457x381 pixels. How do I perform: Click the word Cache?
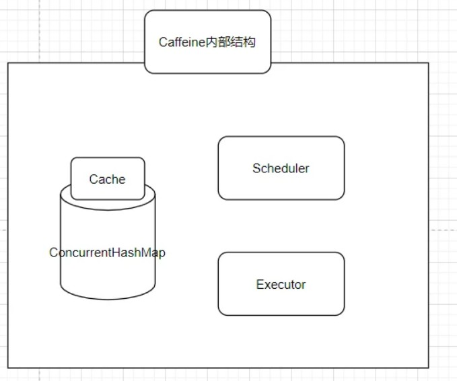[108, 179]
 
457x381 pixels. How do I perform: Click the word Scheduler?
[281, 168]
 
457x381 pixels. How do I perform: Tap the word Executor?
[281, 285]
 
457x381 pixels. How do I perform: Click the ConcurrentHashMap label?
[107, 253]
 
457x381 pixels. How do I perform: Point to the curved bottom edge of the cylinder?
[108, 299]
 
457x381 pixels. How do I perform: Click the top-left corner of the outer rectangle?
[8, 63]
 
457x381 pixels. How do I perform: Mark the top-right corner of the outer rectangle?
[428, 63]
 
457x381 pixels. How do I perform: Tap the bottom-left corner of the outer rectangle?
[8, 368]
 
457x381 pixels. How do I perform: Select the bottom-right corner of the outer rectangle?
[428, 368]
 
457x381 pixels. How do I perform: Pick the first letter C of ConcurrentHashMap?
[53, 253]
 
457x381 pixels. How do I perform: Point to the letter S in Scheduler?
[256, 168]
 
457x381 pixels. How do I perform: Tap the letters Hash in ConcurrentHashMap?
[130, 253]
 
